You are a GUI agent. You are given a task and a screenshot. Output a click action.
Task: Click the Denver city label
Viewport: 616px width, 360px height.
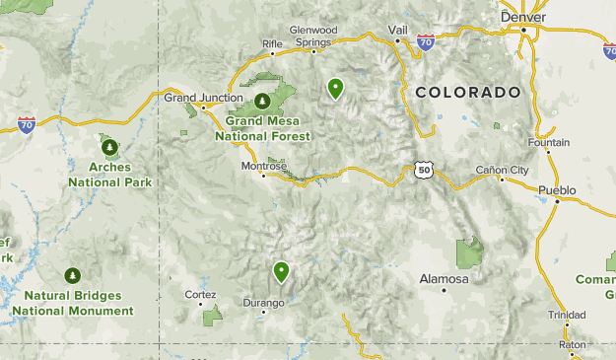[522, 16]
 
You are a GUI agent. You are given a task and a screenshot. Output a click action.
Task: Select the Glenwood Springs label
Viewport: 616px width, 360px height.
[313, 36]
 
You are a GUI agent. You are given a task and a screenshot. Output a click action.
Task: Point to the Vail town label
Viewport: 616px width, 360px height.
[398, 30]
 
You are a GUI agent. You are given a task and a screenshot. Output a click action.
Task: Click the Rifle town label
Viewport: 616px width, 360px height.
[272, 43]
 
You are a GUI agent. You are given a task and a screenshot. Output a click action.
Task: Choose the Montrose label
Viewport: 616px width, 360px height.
[264, 166]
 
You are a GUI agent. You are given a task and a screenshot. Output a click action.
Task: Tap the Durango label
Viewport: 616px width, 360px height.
[264, 303]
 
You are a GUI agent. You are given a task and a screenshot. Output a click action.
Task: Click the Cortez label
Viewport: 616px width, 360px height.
[200, 294]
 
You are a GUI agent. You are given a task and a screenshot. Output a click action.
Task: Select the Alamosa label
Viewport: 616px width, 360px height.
[444, 279]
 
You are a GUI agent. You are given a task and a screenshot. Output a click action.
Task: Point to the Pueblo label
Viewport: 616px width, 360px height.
[557, 188]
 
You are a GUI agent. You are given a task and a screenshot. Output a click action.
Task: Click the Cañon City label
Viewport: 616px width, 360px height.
[502, 170]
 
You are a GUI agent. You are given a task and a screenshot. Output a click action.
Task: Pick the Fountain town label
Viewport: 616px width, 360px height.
[549, 143]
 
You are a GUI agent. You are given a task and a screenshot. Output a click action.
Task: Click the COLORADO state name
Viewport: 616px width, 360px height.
[467, 92]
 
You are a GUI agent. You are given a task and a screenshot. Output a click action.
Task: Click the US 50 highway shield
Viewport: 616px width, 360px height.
[423, 170]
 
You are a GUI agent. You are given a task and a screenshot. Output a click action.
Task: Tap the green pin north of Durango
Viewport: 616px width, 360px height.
[282, 271]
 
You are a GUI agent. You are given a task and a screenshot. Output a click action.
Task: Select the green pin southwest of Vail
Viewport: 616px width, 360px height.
[336, 89]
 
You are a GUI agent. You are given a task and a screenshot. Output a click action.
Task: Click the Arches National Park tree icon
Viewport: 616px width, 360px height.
[109, 147]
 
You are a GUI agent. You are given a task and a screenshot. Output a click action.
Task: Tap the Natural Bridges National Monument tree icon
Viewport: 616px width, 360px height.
[72, 275]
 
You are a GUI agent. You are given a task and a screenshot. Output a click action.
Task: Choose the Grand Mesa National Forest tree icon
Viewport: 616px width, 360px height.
[263, 101]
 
